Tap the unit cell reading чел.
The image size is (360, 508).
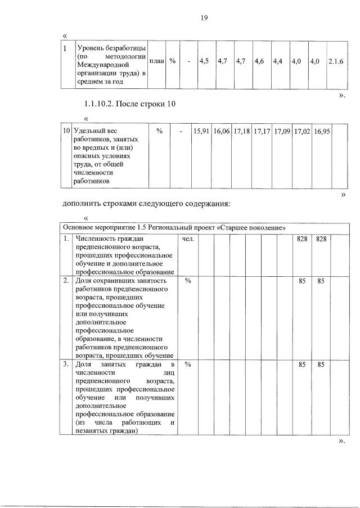pos(187,239)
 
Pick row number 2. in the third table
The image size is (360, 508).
pos(66,280)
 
